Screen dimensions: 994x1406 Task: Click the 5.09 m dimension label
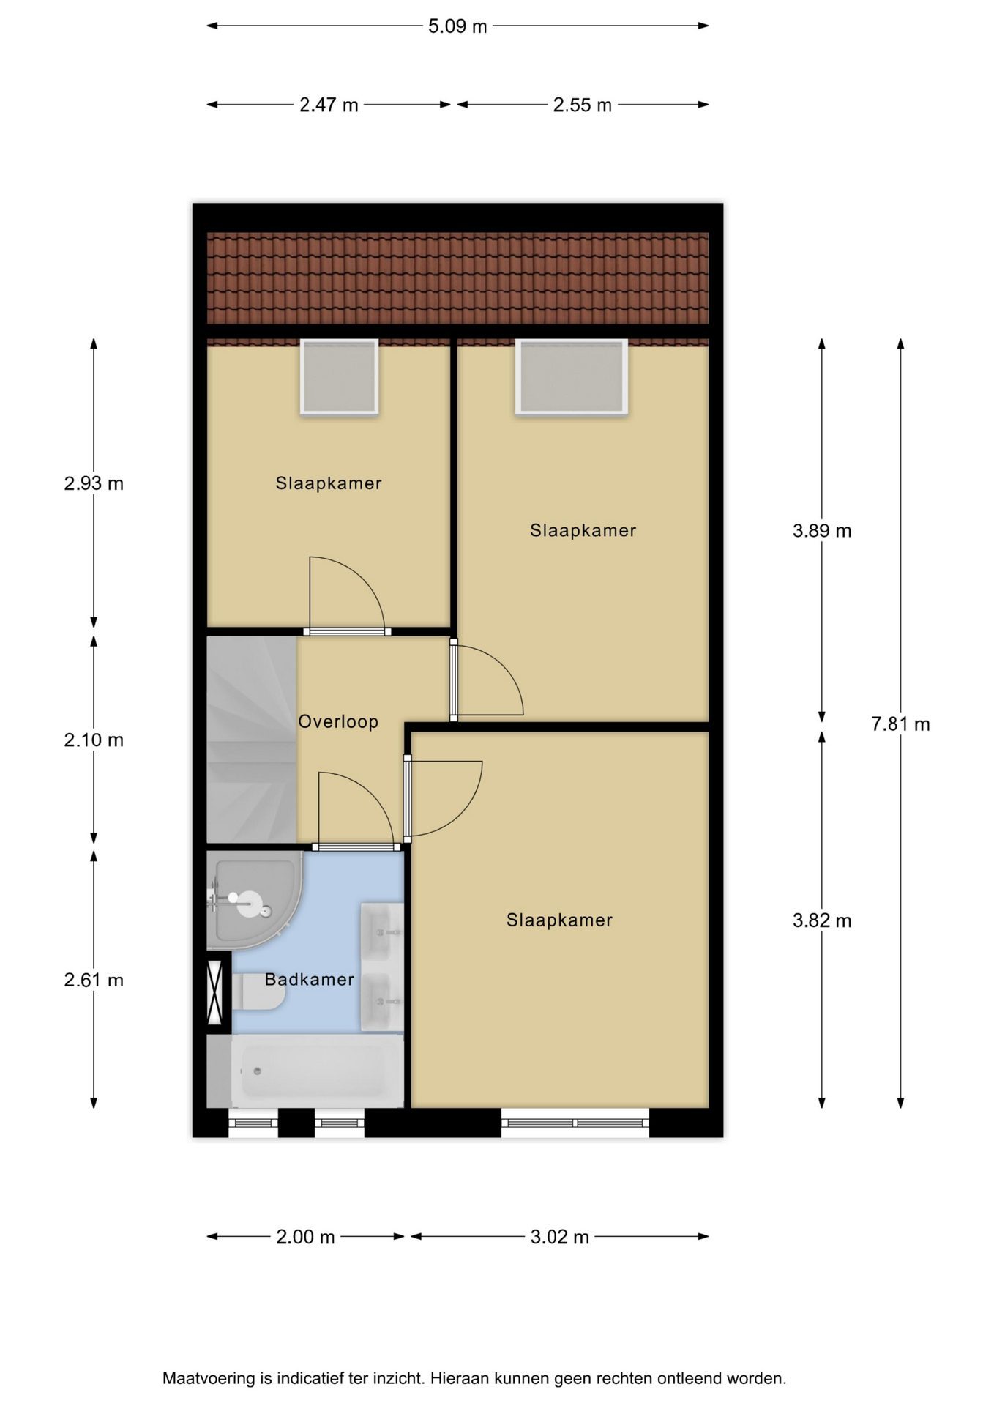pyautogui.click(x=457, y=26)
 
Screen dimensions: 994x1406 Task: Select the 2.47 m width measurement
pyautogui.click(x=329, y=105)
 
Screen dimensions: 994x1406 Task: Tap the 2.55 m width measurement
pyautogui.click(x=582, y=105)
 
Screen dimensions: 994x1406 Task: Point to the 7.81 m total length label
pyautogui.click(x=900, y=724)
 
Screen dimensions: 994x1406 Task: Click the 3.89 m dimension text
pyautogui.click(x=822, y=531)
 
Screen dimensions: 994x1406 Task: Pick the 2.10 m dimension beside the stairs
pyautogui.click(x=94, y=740)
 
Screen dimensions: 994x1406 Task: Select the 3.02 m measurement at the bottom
pyautogui.click(x=560, y=1237)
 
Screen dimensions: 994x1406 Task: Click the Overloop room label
pyautogui.click(x=338, y=721)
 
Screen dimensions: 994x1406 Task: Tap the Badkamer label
pyautogui.click(x=310, y=979)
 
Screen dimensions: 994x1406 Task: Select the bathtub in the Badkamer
pyautogui.click(x=317, y=1071)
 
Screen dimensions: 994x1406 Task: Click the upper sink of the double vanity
pyautogui.click(x=381, y=931)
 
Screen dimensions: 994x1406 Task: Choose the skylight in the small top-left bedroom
pyautogui.click(x=339, y=376)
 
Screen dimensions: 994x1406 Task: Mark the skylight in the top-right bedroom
pyautogui.click(x=572, y=376)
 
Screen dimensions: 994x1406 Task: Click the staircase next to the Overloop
pyautogui.click(x=252, y=740)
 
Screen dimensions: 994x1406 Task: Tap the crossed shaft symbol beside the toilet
pyautogui.click(x=214, y=992)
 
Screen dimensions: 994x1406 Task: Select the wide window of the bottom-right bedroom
pyautogui.click(x=575, y=1123)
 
